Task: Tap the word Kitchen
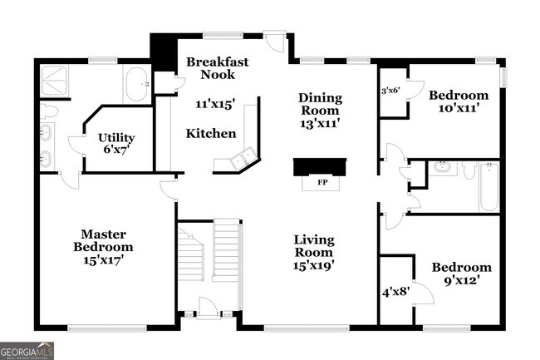(x=210, y=134)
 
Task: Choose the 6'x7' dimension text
(x=115, y=150)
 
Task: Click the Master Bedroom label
(x=102, y=240)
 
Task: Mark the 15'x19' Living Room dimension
(x=314, y=266)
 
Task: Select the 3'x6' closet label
(x=390, y=91)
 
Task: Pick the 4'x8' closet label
(x=395, y=292)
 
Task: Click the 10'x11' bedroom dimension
(x=454, y=108)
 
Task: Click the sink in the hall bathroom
(x=440, y=169)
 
